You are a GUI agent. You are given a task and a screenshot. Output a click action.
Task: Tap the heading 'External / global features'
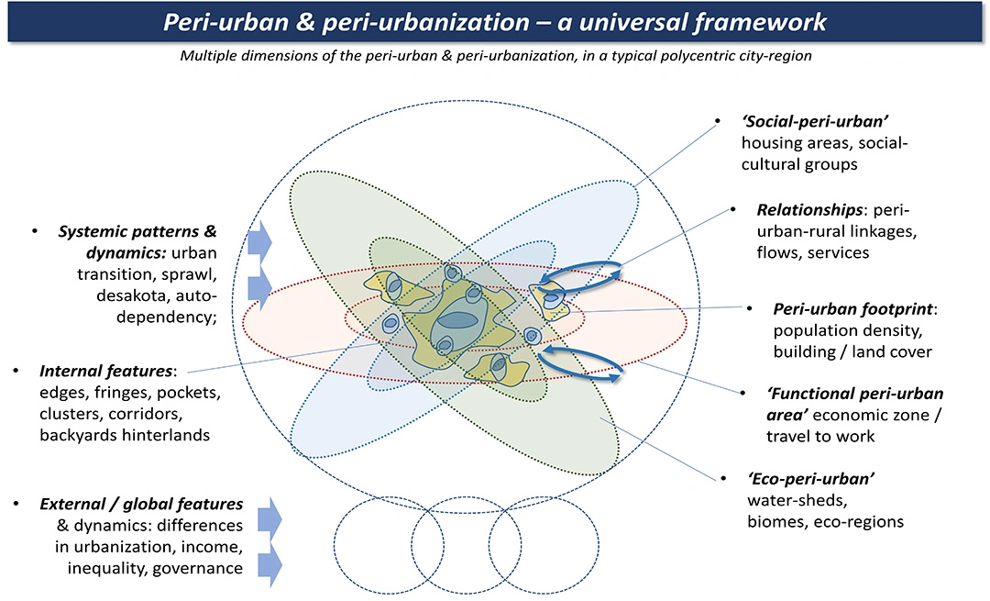pos(140,504)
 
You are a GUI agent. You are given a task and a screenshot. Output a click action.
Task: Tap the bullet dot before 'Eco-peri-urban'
pos(724,480)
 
